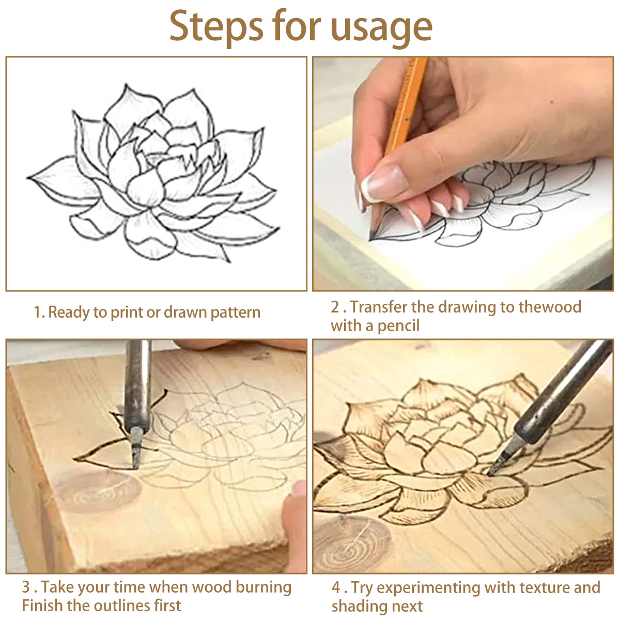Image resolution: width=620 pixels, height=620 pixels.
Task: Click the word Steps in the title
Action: pyautogui.click(x=216, y=27)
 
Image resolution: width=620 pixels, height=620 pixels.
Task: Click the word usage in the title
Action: pyautogui.click(x=381, y=29)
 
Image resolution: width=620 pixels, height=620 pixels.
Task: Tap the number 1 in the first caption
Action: pyautogui.click(x=37, y=312)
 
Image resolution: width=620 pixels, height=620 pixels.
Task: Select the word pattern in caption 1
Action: pyautogui.click(x=235, y=313)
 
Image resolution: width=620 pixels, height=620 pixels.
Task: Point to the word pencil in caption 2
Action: pyautogui.click(x=398, y=326)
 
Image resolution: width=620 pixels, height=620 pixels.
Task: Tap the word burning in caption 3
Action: pyautogui.click(x=263, y=587)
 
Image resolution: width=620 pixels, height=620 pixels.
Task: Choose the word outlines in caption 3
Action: pyautogui.click(x=120, y=606)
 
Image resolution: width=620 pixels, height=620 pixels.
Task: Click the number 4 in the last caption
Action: pyautogui.click(x=336, y=588)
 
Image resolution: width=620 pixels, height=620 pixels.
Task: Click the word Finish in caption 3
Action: pyautogui.click(x=42, y=606)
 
